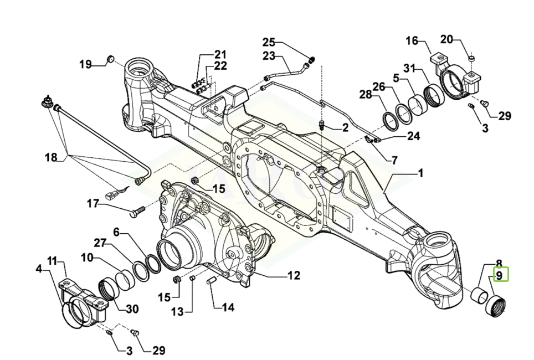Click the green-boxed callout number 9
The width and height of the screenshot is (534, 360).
(x=499, y=275)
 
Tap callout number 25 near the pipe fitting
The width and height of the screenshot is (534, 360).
(x=268, y=43)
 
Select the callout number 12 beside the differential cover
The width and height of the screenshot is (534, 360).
(x=294, y=275)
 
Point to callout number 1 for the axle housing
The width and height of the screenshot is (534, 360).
(x=420, y=173)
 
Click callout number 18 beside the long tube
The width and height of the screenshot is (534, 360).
(x=51, y=158)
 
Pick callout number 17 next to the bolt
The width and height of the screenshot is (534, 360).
(x=93, y=204)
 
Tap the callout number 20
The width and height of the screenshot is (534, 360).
(x=446, y=40)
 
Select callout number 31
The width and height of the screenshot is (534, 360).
(x=410, y=68)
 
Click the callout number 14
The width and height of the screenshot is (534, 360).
(x=228, y=307)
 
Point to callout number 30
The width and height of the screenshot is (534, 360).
(x=132, y=309)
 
